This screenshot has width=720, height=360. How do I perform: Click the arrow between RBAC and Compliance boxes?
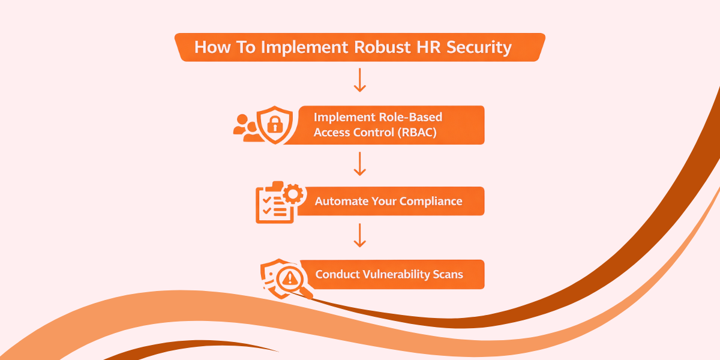359,163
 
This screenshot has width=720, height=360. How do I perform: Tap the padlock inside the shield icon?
274,125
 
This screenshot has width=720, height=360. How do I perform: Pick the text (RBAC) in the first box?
416,133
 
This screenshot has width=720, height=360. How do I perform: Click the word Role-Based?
413,117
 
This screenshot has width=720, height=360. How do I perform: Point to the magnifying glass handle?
307,293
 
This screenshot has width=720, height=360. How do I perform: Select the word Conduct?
337,275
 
